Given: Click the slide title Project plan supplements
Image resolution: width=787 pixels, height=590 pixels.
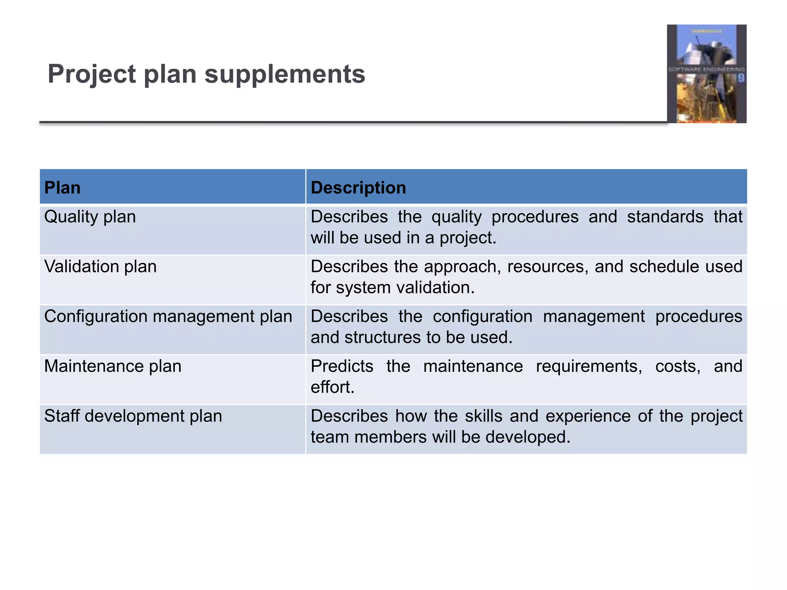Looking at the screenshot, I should coord(206,74).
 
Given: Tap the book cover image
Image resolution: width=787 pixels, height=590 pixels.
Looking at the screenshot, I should coord(706,74).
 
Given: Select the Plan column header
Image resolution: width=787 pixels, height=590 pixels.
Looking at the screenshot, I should coord(62,188).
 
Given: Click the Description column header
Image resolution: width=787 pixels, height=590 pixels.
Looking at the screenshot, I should coord(358,188).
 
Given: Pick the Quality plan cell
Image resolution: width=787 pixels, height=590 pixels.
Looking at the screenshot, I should coord(90,217).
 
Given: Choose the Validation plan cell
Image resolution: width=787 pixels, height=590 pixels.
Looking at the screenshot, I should coord(100,267).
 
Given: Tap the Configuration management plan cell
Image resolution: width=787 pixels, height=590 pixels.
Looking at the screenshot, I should coord(168,317).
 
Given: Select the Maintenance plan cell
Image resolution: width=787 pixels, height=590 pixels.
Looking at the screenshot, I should coord(113,366).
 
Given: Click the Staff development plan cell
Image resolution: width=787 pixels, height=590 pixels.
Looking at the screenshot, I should coord(133,416).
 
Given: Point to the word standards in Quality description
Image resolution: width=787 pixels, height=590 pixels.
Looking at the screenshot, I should coord(665,217).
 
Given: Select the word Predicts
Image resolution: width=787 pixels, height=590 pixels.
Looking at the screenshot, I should coord(342,366).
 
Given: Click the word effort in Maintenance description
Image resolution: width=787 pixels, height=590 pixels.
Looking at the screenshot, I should coord(331,387).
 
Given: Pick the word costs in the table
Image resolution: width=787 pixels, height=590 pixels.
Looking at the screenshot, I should coord(677,366).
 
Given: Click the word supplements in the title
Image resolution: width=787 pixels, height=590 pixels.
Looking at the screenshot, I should coord(285,74).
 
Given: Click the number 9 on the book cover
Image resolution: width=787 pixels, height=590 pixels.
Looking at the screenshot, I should coord(740,78).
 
